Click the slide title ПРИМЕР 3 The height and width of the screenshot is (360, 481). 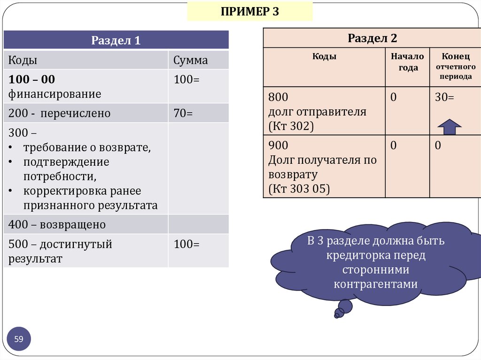250,11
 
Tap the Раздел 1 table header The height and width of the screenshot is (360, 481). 116,40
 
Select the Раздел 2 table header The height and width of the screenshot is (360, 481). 372,38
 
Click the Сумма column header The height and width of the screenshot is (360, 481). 190,61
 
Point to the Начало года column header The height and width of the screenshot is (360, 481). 407,62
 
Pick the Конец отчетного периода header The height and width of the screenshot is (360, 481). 456,66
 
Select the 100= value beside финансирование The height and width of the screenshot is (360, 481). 186,80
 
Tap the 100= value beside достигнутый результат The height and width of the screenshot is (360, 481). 186,245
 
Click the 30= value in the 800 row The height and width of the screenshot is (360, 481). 444,98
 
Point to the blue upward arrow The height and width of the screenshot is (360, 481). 450,126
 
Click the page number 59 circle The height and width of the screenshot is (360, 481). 19,338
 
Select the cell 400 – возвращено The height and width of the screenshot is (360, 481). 57,225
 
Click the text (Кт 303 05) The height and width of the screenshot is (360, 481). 299,189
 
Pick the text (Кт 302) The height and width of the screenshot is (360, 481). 291,127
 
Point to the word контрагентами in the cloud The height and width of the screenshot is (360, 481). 375,284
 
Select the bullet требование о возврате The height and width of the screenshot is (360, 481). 87,147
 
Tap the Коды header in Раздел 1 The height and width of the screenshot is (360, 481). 23,61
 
